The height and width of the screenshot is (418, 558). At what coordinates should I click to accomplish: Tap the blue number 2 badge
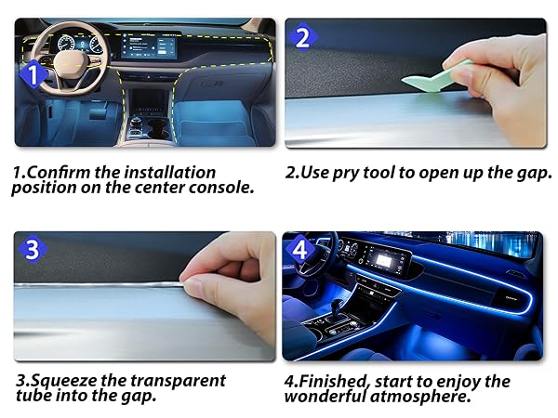(302, 37)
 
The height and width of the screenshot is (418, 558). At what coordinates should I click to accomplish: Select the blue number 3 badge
(32, 250)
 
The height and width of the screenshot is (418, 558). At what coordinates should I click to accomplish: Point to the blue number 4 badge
(299, 250)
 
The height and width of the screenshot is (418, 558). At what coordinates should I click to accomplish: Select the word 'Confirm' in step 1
(59, 173)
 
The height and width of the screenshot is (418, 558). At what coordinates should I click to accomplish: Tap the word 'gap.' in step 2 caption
(534, 173)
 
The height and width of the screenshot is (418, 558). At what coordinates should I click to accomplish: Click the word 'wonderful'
(325, 396)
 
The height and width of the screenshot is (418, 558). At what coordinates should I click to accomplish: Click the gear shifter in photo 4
(337, 308)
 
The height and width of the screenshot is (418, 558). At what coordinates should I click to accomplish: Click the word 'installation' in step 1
(170, 173)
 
